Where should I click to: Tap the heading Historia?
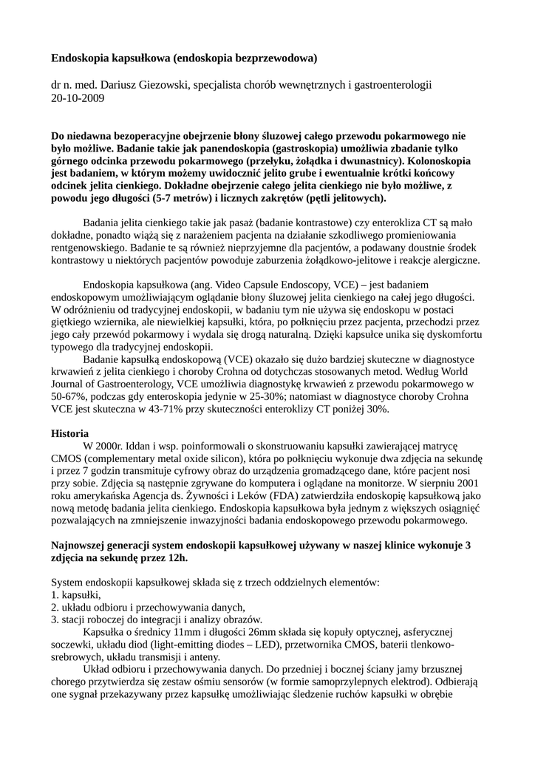click(70, 432)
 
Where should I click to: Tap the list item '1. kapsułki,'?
click(76, 594)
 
